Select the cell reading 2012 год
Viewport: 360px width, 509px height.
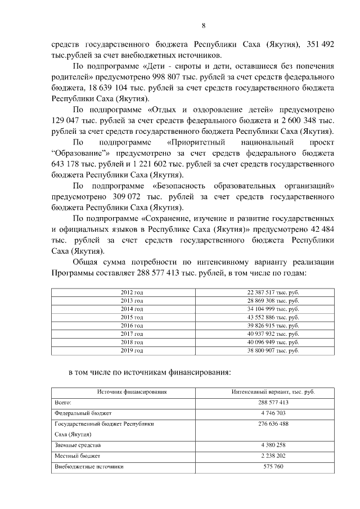132,292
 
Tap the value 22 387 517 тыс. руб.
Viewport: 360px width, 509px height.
273,292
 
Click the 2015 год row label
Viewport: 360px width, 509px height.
132,317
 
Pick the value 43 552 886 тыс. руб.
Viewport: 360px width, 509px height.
273,317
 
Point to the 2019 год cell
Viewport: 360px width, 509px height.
132,350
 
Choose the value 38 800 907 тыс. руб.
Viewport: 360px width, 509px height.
273,350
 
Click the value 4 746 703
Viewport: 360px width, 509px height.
273,413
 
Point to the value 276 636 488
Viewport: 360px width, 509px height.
273,424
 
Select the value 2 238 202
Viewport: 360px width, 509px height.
273,456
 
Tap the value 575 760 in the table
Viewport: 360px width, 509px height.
273,467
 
